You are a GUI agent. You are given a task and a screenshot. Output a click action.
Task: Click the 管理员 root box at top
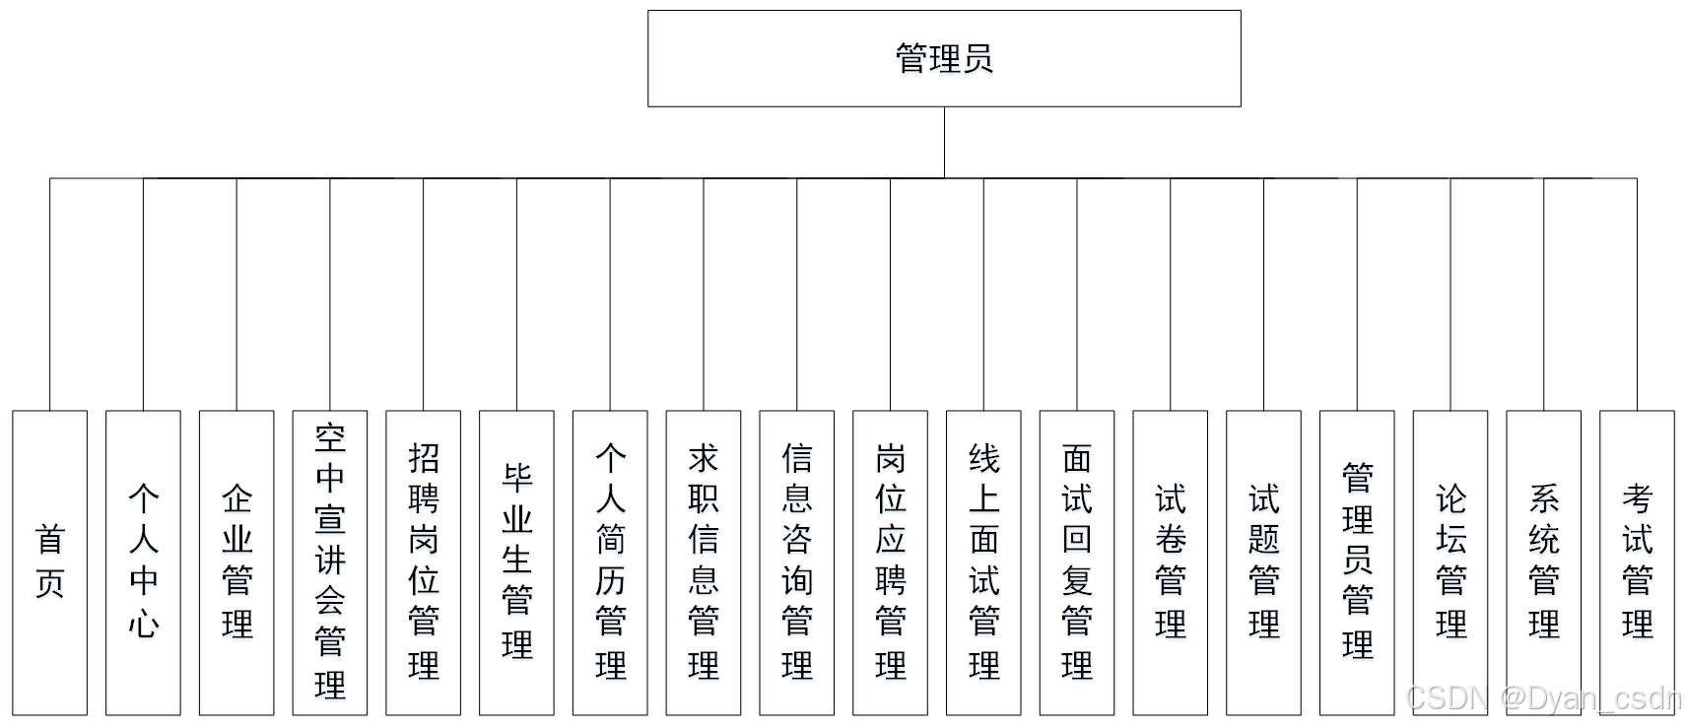(943, 58)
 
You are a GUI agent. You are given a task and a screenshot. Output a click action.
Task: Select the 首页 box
(49, 562)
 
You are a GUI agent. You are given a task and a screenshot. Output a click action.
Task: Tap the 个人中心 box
(143, 562)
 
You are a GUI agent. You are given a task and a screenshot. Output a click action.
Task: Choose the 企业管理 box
(236, 562)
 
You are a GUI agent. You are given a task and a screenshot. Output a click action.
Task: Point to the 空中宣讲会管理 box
(330, 562)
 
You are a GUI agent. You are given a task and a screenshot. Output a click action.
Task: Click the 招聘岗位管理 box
(423, 562)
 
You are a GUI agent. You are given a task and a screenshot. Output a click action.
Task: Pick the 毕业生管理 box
(516, 562)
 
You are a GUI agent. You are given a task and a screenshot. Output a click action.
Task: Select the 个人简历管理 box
(610, 562)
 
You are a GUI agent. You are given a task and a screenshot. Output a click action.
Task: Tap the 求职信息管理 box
(704, 562)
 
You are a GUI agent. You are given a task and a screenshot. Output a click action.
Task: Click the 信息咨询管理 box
(796, 562)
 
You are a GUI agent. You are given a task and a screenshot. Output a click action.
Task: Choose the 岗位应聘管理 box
(890, 562)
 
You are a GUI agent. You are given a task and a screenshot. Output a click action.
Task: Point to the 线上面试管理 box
(983, 562)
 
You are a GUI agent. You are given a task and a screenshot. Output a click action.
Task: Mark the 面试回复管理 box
(1077, 562)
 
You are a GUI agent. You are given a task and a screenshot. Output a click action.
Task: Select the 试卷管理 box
(1170, 562)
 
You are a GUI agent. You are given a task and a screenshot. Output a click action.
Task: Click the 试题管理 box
(1263, 562)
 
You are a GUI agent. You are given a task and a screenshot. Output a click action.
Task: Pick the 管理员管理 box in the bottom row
(1357, 562)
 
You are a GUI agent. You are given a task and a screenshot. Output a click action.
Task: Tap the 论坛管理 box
(1450, 562)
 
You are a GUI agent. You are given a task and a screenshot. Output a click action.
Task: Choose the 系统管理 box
(1543, 562)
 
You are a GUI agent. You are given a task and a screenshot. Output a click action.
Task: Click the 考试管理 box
(1637, 562)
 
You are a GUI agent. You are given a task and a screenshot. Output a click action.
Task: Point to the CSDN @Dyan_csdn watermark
(1543, 698)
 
